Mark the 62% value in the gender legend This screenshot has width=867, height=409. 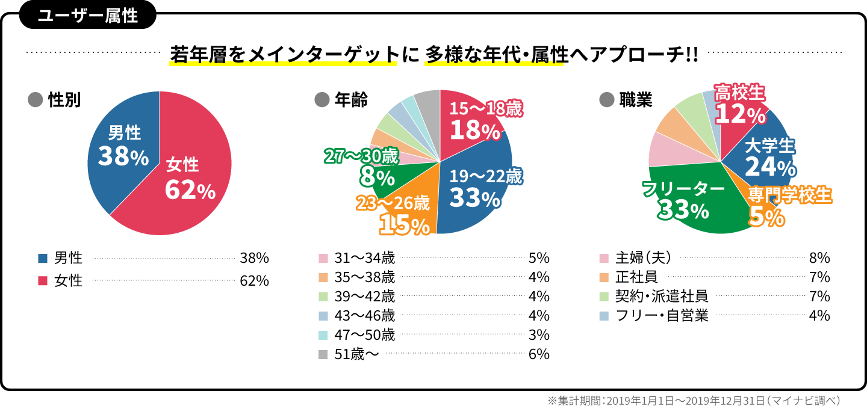point(253,281)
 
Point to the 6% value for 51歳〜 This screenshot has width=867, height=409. point(538,354)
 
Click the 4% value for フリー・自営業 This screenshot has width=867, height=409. point(820,315)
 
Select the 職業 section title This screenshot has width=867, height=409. point(636,100)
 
